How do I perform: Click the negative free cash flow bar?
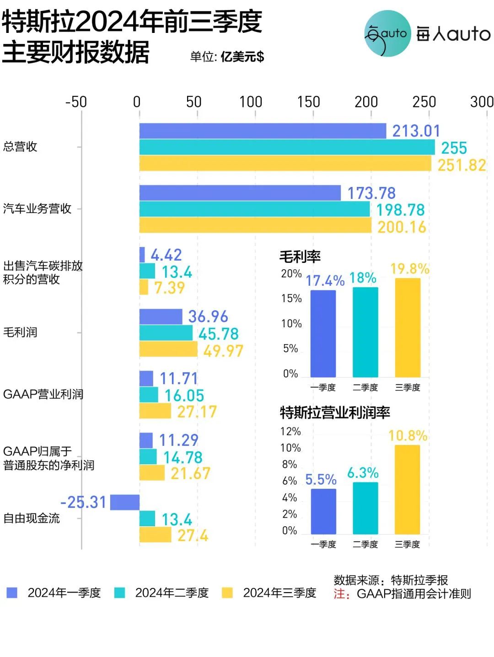[125, 502]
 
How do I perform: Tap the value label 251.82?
[462, 165]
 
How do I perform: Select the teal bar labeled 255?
[287, 147]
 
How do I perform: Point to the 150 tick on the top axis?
[309, 101]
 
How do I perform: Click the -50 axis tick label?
[76, 101]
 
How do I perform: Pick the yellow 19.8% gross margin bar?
[408, 327]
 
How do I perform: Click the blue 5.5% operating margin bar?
[323, 511]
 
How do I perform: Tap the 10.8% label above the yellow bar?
[408, 435]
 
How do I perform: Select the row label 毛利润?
[20, 332]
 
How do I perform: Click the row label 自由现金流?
[32, 518]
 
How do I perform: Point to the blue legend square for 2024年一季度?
[12, 593]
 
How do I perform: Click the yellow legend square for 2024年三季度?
[227, 593]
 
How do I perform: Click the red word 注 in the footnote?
[339, 594]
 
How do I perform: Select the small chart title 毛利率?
[300, 256]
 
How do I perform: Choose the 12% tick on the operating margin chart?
[290, 432]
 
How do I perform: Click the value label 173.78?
[371, 193]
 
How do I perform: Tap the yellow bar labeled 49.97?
[168, 349]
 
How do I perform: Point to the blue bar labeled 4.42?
[142, 255]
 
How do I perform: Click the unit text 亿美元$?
[242, 57]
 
